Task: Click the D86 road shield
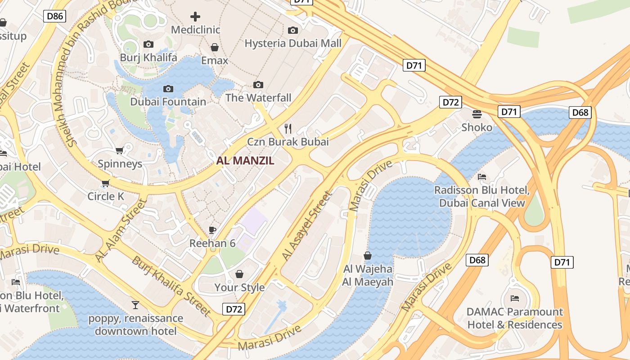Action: pos(55,17)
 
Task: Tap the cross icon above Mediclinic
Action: pos(195,17)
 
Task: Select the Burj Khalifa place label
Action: pos(148,58)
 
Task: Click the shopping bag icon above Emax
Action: pos(215,47)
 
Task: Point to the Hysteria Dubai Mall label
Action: pos(293,43)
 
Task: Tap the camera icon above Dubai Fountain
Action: pos(168,89)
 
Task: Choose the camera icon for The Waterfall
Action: pos(258,85)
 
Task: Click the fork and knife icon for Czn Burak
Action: pos(288,129)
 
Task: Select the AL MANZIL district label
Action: pos(245,161)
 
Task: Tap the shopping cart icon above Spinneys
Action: pos(120,150)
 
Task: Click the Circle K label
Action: pos(106,196)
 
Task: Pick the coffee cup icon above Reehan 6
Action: pos(212,230)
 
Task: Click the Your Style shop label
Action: pos(239,287)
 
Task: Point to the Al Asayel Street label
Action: pos(307,226)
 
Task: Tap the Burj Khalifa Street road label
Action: pos(171,286)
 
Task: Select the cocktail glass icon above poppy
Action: pos(135,305)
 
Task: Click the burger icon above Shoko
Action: pos(477,114)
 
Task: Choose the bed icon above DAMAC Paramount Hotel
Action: pos(515,298)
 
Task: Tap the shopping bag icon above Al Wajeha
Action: pos(368,256)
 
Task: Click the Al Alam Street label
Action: pos(121,230)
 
